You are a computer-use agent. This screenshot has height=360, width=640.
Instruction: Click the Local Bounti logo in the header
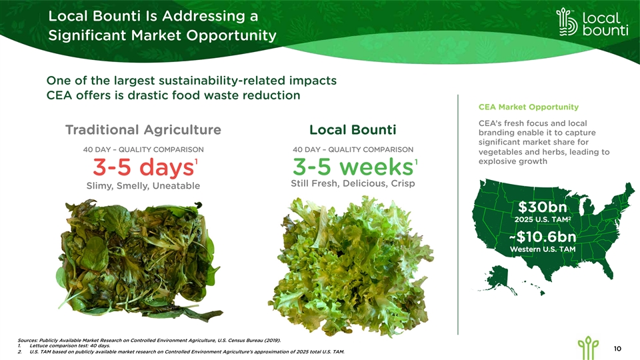592,22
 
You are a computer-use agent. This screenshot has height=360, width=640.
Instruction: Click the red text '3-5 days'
143,167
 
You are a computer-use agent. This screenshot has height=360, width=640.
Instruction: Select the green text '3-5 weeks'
353,167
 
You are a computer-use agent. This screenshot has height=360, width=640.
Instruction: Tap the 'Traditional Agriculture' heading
143,130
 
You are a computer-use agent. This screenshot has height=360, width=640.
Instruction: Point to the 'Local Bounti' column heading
353,130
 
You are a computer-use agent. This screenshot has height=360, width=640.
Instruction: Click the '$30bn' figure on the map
543,207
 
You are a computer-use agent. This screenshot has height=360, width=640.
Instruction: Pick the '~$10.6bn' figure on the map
543,237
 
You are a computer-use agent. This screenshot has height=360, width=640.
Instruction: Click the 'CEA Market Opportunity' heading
529,107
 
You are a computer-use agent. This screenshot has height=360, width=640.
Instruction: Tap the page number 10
617,348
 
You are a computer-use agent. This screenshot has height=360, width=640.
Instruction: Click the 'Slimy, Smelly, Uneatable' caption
143,186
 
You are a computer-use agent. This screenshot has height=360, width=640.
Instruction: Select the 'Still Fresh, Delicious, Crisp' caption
353,184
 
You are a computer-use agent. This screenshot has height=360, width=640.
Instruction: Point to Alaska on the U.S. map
499,279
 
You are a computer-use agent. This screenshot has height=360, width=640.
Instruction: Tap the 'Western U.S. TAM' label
543,249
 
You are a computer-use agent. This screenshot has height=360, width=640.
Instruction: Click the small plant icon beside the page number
588,348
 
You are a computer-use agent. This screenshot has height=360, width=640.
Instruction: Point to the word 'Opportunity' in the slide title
231,36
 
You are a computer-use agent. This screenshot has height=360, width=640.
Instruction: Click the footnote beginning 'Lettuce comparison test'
69,346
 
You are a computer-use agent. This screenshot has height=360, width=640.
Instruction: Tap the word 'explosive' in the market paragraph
496,161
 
